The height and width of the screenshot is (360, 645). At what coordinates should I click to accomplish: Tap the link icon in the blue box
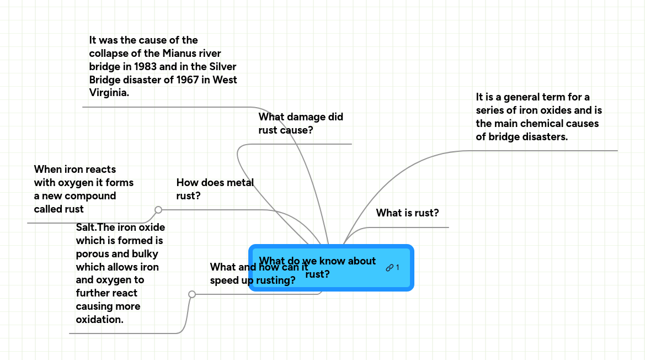click(x=389, y=268)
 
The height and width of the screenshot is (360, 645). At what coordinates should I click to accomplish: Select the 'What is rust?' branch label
click(x=407, y=213)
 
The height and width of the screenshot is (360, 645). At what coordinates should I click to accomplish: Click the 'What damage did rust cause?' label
click(x=301, y=124)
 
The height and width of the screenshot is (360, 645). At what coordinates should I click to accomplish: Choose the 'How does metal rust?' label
click(x=215, y=189)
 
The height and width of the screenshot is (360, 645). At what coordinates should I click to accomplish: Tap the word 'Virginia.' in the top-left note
click(x=109, y=93)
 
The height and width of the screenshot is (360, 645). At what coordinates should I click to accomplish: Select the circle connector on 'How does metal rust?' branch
click(x=158, y=210)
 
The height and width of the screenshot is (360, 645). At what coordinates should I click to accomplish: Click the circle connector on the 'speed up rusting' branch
click(x=192, y=294)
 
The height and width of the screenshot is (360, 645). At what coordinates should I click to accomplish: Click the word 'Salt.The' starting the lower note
click(x=95, y=227)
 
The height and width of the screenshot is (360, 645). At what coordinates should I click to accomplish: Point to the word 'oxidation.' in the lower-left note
click(x=100, y=320)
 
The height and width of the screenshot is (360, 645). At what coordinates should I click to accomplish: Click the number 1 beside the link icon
click(x=397, y=268)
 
